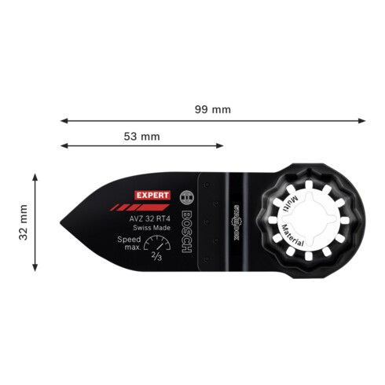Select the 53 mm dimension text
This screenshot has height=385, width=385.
click(142, 136)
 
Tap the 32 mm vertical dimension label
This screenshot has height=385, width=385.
click(24, 222)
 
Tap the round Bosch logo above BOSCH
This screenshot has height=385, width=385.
click(185, 198)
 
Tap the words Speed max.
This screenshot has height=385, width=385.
click(129, 242)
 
